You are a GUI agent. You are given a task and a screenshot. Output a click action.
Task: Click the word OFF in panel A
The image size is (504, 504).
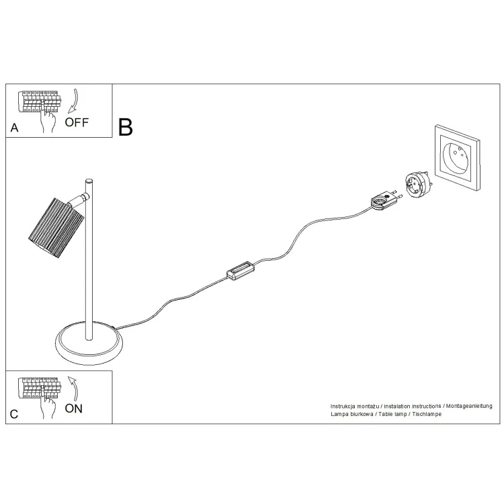click(77, 122)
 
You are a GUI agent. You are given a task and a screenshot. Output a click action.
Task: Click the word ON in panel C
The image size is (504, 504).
click(74, 409)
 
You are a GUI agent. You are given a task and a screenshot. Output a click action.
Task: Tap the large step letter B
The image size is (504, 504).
click(126, 127)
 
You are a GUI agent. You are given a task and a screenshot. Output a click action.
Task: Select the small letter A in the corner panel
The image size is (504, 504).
click(15, 128)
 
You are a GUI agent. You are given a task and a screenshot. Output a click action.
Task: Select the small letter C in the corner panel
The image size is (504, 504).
click(14, 414)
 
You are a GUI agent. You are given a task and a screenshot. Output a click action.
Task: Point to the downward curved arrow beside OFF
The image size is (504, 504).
click(75, 101)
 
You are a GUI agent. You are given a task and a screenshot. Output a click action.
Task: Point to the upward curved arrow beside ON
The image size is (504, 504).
click(74, 389)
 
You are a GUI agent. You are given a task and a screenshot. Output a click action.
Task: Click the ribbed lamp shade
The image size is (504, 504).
click(56, 227)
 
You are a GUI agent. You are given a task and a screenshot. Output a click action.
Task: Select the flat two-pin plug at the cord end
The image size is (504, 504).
click(386, 200)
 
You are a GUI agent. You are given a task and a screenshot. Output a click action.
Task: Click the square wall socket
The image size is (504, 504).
click(457, 157)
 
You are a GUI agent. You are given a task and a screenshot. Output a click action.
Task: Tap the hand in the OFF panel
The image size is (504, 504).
click(48, 120)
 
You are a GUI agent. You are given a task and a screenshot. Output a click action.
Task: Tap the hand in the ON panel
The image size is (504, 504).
click(48, 406)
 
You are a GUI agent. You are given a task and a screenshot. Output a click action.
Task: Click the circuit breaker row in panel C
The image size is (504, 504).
click(40, 388)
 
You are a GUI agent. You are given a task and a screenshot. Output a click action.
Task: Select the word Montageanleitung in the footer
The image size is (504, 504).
click(469, 407)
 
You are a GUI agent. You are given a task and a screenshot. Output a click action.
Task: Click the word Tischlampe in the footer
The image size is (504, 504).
click(427, 414)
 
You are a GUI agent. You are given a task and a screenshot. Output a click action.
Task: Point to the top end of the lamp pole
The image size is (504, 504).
click(89, 180)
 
